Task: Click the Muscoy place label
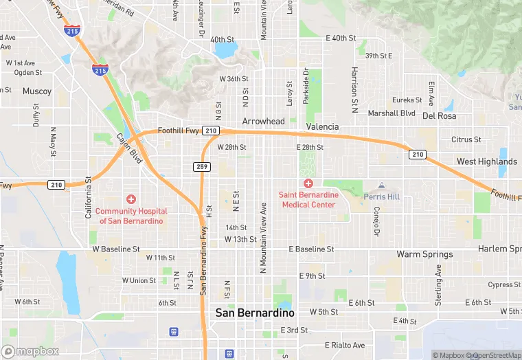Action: coord(36,91)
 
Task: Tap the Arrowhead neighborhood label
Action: coord(263,121)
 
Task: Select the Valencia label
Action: coord(322,126)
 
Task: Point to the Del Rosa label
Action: coord(439,115)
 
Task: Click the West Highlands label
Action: coord(487,161)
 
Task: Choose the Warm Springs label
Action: coord(424,254)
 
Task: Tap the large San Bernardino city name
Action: coord(255,313)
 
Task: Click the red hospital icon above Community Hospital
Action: coord(130,199)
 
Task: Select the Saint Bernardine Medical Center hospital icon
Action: coord(308,183)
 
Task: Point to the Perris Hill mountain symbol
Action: coord(383,185)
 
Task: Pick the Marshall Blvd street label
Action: coord(391,113)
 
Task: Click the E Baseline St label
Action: coord(311,249)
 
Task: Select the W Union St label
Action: coord(139,280)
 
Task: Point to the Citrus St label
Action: coord(466,139)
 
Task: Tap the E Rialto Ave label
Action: coord(345,345)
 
